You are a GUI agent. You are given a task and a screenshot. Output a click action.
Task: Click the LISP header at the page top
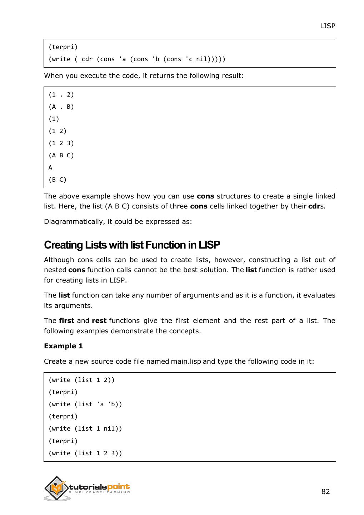coord(327,26)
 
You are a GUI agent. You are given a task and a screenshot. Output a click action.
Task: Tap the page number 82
coord(325,491)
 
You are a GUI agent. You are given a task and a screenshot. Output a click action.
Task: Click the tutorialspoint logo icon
coord(57,488)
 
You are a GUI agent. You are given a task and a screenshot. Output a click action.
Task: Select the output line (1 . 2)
coord(61,95)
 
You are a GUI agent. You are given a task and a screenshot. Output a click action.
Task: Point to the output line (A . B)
coord(61,107)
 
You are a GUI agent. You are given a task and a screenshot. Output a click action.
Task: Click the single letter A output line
coord(50,167)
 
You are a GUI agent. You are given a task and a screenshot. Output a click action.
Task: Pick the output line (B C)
coord(58,180)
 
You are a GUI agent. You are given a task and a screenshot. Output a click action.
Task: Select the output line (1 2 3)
coord(61,143)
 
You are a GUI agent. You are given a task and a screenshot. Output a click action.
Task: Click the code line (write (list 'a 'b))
coord(85,404)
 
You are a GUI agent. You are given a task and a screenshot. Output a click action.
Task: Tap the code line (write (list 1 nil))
coord(85,428)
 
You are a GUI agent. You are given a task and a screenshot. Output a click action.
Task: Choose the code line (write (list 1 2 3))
coord(85,453)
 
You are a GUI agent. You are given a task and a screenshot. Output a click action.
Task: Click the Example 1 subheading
coord(63,346)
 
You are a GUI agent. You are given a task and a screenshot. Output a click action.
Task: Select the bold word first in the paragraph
coord(66,320)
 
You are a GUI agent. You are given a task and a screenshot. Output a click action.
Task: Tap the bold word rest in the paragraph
coord(99,320)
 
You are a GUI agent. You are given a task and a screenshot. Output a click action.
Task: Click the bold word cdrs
coord(316,206)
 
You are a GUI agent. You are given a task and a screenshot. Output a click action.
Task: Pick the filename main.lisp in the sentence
coord(186,361)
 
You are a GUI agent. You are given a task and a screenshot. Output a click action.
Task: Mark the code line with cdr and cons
coord(137,59)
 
